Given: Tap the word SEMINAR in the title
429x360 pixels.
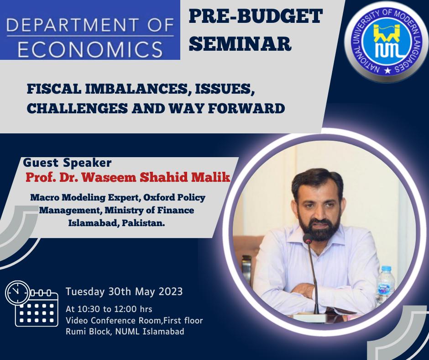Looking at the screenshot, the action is [240, 43].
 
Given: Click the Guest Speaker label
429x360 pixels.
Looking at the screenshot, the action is [67, 163].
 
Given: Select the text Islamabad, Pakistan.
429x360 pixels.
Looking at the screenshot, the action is [116, 223].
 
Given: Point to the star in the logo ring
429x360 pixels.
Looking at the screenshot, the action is [387, 71].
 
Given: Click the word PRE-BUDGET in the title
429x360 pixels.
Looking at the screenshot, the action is [256, 16].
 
